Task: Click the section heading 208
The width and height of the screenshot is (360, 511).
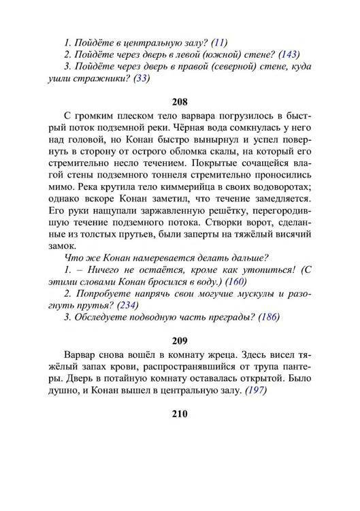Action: tap(180, 103)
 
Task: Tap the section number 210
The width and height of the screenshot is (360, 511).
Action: tap(180, 414)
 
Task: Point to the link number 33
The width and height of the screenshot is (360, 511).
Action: tap(142, 78)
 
